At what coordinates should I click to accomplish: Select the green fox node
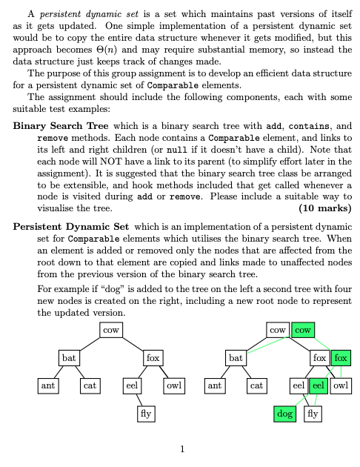[341, 358]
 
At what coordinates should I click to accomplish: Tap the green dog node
[284, 414]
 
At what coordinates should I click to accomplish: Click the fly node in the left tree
[145, 414]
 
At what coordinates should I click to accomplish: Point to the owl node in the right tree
[341, 385]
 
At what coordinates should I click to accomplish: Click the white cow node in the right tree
[279, 330]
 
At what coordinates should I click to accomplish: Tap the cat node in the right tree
[257, 385]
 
